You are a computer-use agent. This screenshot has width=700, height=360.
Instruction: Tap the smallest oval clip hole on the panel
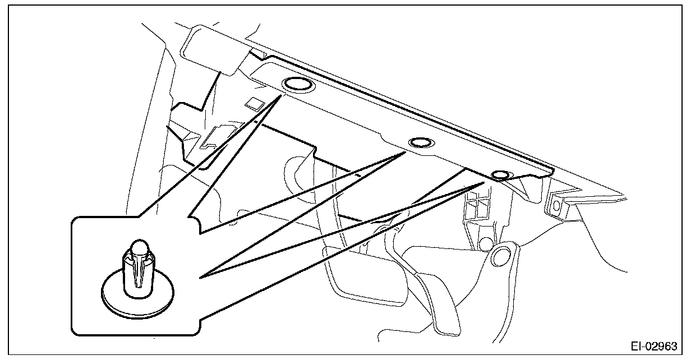[x=500, y=176]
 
